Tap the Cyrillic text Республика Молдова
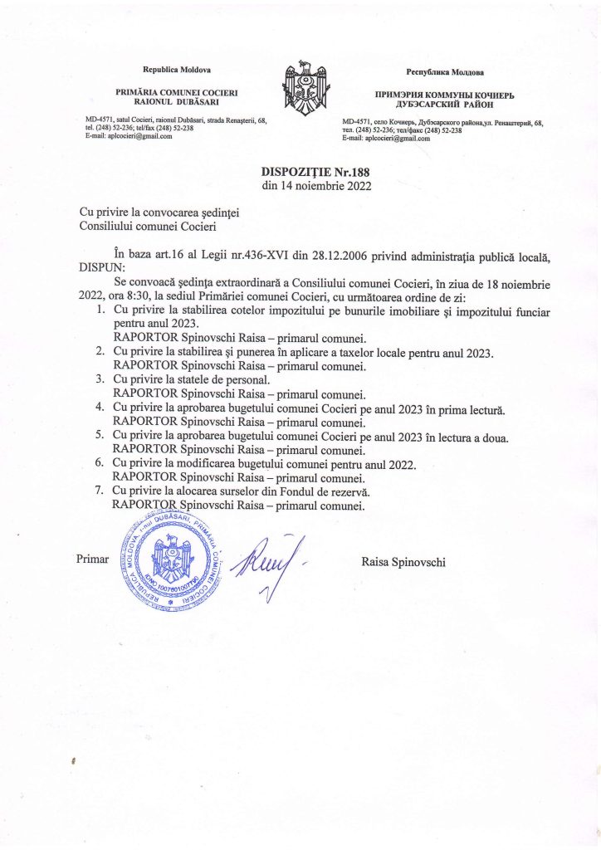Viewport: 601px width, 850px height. point(444,74)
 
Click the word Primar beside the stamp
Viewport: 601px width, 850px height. point(93,559)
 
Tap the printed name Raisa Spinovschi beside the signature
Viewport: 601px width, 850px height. point(403,562)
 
